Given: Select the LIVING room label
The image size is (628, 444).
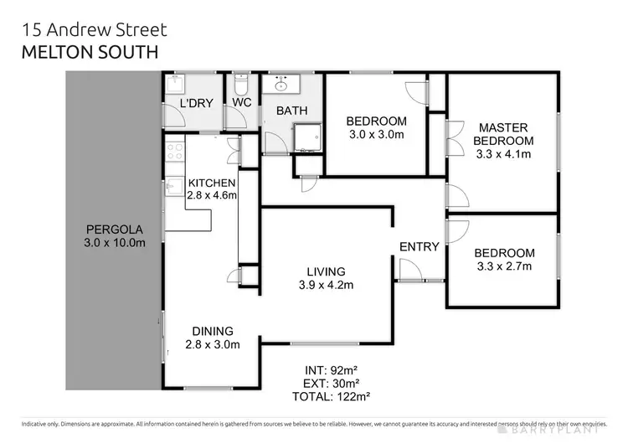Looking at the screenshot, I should coord(326,271).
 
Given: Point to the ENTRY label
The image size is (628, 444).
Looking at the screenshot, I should coord(419,246).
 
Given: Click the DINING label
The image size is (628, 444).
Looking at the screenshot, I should coord(212,331).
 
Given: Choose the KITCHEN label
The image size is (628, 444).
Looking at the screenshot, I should coord(212,183).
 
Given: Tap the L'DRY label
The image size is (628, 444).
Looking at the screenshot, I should coord(197,104).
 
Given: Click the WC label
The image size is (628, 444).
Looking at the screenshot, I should coord(242,104).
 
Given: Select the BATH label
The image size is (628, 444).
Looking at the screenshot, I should coord(291,110).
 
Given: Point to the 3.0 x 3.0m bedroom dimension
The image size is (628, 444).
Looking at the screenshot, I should coord(377,135).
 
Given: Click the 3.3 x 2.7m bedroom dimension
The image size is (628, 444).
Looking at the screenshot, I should coord(504,267).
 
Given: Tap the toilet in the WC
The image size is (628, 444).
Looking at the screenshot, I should coord(241,85).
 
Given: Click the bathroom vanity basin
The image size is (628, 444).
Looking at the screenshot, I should coord(280,84).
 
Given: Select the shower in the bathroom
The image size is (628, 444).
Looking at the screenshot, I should coord(304,137).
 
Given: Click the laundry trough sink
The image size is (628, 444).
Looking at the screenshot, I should coord(174,84).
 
